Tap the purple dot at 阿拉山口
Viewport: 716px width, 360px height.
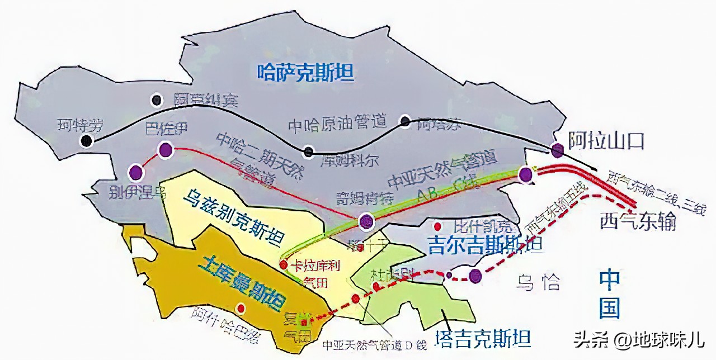coord(557,150)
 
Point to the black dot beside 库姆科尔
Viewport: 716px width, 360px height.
coord(308,151)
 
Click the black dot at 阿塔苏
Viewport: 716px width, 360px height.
coord(405,120)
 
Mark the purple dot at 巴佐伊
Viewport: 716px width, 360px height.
coord(165,149)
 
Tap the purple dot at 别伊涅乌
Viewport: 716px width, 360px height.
coord(135,172)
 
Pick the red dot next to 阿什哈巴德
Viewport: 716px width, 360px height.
coord(241,308)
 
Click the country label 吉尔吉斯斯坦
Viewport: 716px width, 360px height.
coord(484,245)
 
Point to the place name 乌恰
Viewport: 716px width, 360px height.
coord(538,282)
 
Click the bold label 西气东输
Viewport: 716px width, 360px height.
coord(638,221)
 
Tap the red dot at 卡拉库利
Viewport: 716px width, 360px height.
coord(284,264)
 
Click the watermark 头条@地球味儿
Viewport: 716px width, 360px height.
coord(638,339)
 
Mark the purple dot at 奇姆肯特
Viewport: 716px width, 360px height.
coord(366,222)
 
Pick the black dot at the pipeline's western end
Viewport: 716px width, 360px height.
coord(86,141)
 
